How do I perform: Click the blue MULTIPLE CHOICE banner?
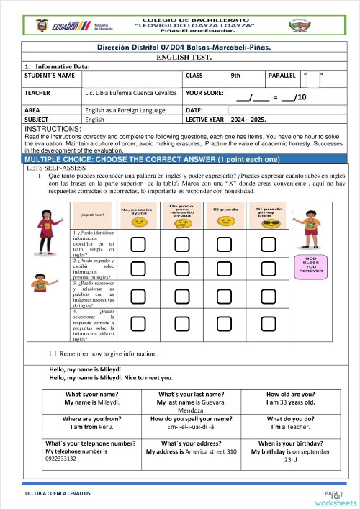pyautogui.click(x=180, y=158)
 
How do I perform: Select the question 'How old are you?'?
pyautogui.click(x=289, y=394)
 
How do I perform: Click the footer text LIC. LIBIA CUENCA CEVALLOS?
pyautogui.click(x=58, y=495)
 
